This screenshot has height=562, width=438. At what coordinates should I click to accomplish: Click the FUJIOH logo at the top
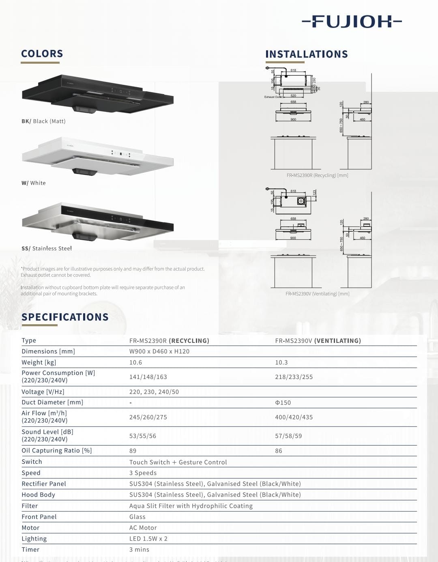(352, 22)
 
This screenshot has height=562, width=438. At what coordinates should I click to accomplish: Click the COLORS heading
(42, 54)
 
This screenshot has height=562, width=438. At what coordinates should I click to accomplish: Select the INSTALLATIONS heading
(306, 54)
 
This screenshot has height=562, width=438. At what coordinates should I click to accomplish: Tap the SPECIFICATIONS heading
(65, 317)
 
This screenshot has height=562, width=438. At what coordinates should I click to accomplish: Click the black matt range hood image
(97, 94)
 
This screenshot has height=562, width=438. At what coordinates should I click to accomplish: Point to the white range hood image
(97, 157)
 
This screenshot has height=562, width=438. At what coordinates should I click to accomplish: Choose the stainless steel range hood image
(97, 222)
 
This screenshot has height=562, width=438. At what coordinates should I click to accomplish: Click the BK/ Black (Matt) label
(43, 121)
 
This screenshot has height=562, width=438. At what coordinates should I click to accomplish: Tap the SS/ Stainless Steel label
(47, 248)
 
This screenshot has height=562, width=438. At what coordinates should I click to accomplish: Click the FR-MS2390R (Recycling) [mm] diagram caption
(317, 175)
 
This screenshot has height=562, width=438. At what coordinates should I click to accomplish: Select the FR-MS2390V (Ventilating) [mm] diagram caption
(317, 294)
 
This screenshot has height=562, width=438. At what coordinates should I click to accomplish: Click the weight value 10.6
(135, 362)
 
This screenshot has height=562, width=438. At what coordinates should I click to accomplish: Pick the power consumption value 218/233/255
(294, 377)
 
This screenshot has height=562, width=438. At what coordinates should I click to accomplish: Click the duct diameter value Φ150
(283, 403)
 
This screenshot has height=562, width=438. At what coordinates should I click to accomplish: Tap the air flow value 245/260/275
(148, 417)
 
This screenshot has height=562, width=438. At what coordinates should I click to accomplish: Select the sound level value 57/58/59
(288, 436)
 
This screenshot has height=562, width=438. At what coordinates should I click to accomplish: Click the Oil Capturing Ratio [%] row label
(57, 450)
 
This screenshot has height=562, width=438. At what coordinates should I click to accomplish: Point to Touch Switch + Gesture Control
(178, 462)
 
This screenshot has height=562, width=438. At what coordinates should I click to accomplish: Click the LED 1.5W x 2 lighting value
(148, 538)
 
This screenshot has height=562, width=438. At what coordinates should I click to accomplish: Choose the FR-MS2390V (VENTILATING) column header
(318, 341)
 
